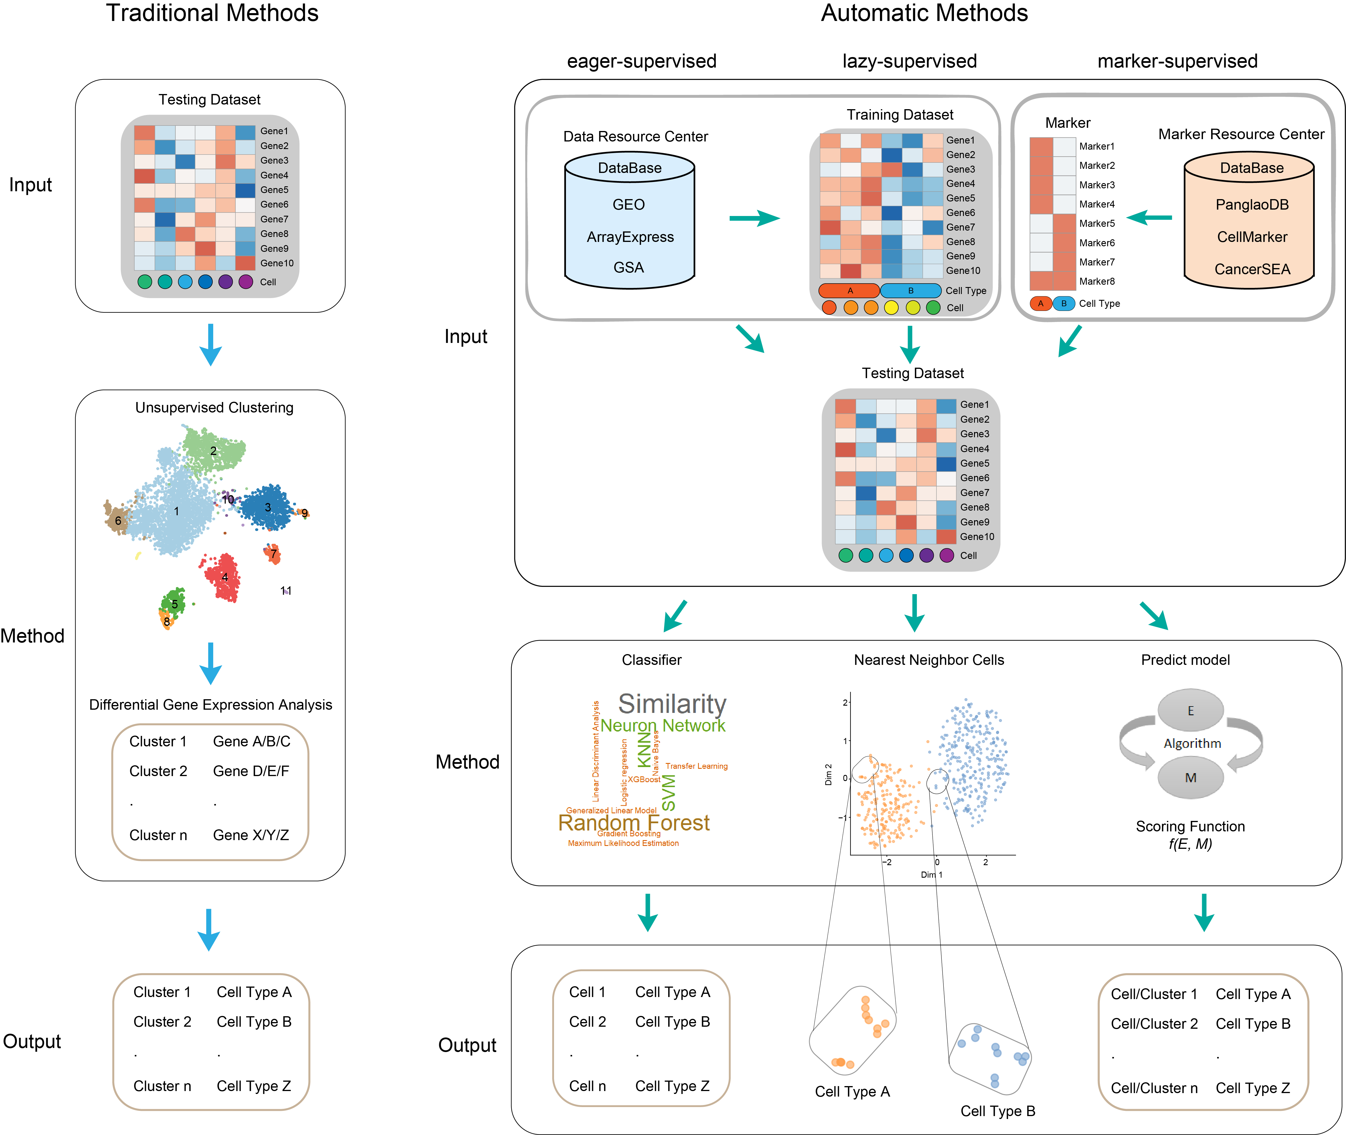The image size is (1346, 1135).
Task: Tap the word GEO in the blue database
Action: (x=628, y=205)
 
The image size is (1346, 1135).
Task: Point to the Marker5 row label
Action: (x=1096, y=223)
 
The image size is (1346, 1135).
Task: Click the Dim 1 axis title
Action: (x=931, y=874)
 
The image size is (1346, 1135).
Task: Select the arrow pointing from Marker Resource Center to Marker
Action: (x=1149, y=217)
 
